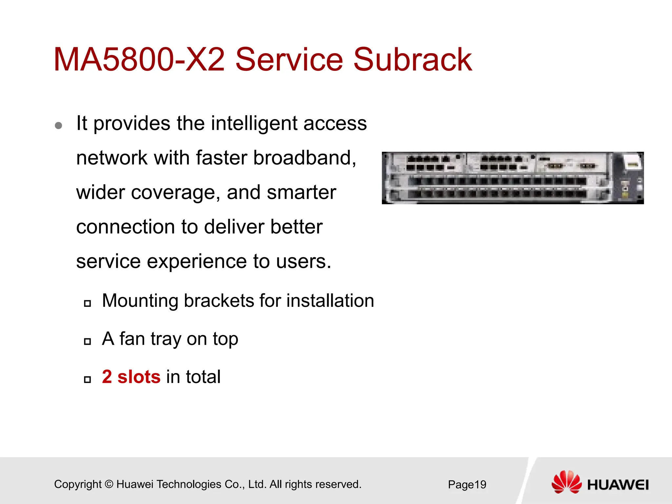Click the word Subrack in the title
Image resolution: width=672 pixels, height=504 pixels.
[412, 60]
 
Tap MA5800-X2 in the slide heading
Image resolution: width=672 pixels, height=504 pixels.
[139, 60]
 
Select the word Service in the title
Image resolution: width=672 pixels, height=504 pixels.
[289, 60]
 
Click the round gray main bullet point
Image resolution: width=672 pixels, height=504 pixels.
[59, 125]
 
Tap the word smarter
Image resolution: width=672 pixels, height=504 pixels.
[301, 193]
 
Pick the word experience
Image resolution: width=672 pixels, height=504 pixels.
[197, 262]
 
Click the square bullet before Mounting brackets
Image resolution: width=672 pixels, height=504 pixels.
[87, 303]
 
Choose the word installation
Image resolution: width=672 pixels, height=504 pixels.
[330, 301]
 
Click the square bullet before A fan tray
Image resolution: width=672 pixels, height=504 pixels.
[87, 341]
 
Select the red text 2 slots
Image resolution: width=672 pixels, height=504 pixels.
[131, 377]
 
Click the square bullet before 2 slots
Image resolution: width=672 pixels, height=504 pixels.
[87, 379]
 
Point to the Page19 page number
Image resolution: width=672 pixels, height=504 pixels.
[467, 485]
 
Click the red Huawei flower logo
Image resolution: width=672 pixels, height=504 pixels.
[566, 482]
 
